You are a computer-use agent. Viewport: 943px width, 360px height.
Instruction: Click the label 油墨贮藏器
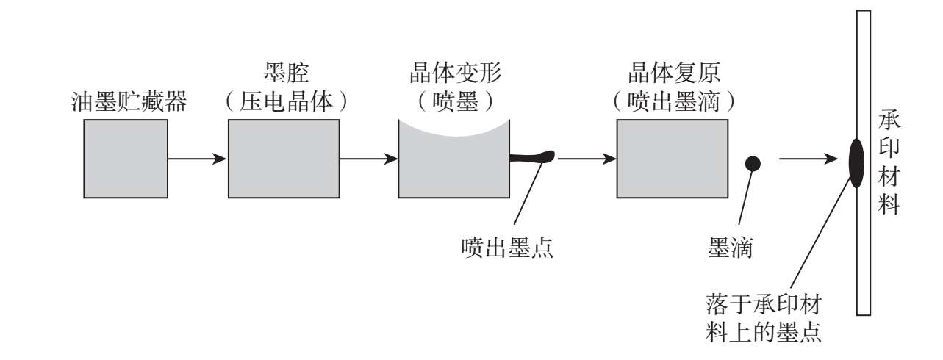[x=130, y=101]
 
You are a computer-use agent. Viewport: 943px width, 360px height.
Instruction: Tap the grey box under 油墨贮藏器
[x=126, y=158]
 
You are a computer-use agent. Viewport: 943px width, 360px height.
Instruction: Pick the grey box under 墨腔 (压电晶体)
[x=284, y=158]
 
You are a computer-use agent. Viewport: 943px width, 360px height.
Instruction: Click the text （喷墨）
[x=454, y=101]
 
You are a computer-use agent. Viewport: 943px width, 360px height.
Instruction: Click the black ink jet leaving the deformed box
[x=532, y=156]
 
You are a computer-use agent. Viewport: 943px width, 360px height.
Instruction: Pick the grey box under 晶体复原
[x=673, y=158]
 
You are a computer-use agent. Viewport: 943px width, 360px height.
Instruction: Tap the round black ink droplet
[x=753, y=164]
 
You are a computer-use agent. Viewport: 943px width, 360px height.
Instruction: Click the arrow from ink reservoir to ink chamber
[x=196, y=158]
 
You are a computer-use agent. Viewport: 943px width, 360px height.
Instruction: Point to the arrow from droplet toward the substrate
[x=808, y=158]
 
